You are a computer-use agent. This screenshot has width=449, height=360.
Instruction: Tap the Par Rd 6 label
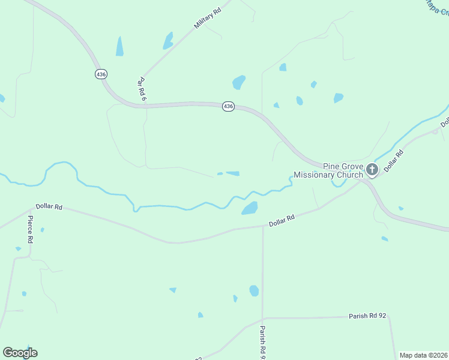(142, 88)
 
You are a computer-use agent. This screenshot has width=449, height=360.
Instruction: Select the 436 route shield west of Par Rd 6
(101, 74)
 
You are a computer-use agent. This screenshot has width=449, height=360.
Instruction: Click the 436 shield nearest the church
(228, 106)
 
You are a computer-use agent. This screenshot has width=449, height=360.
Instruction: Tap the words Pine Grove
(343, 166)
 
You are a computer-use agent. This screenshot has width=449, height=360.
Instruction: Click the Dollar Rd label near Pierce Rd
(49, 206)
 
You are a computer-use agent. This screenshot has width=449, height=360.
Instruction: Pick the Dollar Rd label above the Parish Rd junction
(282, 221)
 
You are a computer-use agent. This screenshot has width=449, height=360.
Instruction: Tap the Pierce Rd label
(30, 230)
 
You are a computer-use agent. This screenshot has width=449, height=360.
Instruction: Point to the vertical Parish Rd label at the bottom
(262, 342)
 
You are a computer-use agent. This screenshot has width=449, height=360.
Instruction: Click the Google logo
(20, 353)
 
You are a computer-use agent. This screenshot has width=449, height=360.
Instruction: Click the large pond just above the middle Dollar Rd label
(249, 208)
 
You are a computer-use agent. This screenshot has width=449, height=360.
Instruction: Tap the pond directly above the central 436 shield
(239, 82)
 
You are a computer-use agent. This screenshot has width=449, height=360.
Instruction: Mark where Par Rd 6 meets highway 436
(145, 106)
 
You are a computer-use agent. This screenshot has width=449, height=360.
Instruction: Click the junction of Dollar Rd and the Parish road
(263, 226)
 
